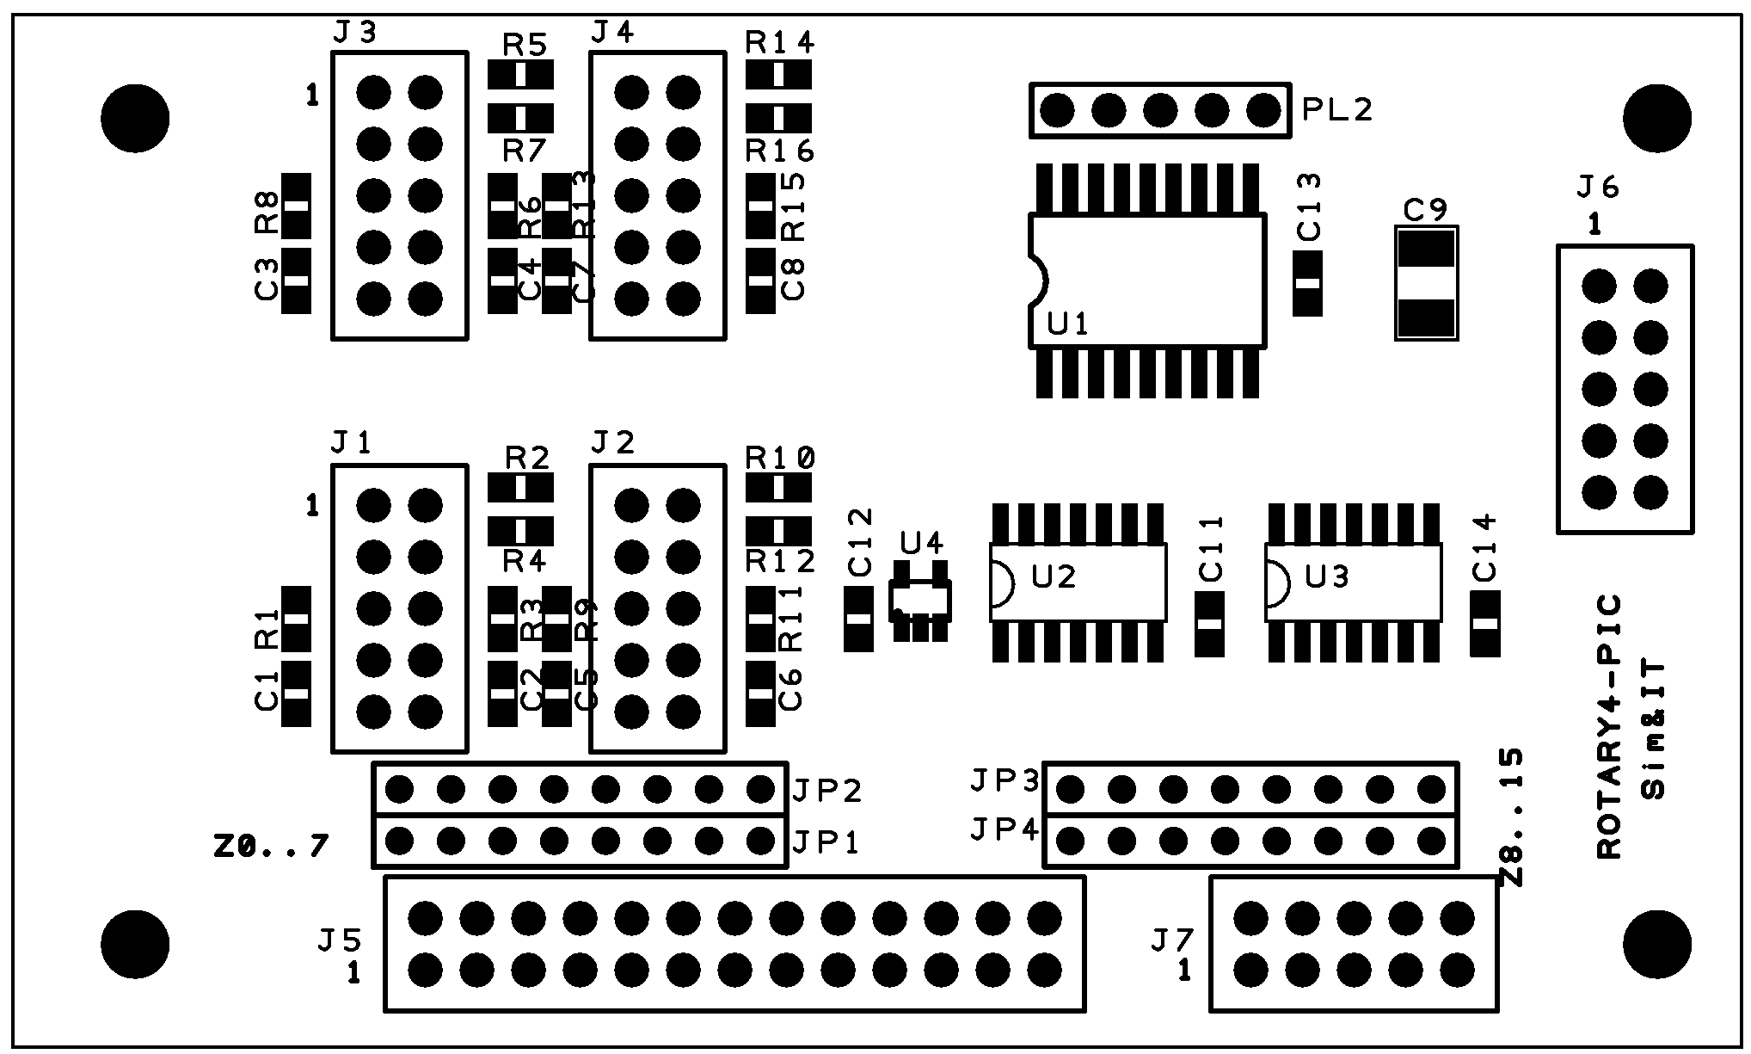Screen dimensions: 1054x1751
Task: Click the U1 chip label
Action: tap(1068, 324)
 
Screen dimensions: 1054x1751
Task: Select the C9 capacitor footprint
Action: tap(1426, 283)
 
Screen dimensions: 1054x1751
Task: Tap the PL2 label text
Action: tap(1336, 109)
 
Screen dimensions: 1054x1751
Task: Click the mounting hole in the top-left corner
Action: tap(135, 118)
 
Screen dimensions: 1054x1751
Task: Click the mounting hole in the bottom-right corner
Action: tap(1657, 943)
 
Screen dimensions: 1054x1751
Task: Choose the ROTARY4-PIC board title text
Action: tap(1608, 726)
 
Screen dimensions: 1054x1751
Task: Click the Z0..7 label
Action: tap(270, 848)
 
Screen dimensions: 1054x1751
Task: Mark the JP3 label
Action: tap(1005, 780)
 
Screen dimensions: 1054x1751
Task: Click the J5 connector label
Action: tap(339, 940)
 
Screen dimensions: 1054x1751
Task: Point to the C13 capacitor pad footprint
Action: tap(1307, 283)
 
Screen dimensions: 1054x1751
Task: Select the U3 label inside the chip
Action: tap(1327, 576)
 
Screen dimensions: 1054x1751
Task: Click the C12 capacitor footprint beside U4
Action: tap(858, 619)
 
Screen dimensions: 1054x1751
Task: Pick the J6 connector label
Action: tap(1597, 187)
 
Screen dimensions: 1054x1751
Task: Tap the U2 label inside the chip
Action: tap(1054, 576)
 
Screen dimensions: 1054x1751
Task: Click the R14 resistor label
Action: tap(780, 42)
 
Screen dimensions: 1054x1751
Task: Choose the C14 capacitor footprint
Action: tap(1485, 624)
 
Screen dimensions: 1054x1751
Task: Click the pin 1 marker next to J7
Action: tap(1185, 971)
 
